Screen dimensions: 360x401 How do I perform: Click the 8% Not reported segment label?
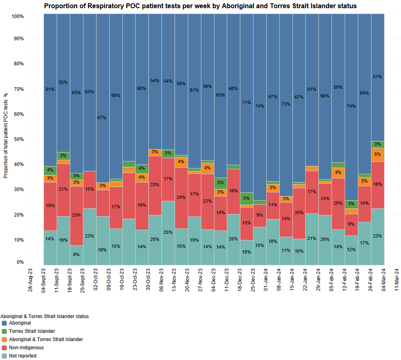76,254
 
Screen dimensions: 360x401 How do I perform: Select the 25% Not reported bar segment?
168,233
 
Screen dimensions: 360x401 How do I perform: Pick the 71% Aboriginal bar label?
247,102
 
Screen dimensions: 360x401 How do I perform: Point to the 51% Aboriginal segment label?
378,76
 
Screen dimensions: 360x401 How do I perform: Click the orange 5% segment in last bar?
378,155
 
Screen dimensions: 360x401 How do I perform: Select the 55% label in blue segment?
63,82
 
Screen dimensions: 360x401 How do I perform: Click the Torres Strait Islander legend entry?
32,331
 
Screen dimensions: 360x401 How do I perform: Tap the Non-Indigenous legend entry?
26,348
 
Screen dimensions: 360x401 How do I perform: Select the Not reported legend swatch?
4,356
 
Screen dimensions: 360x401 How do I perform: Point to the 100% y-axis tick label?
18,16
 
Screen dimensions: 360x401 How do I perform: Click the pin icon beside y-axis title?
5,95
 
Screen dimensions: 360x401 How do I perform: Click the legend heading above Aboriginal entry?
44,316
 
